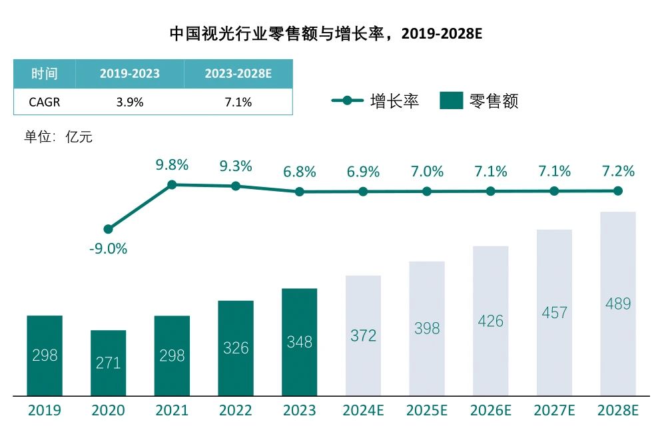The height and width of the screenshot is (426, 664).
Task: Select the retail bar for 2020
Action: pyautogui.click(x=108, y=363)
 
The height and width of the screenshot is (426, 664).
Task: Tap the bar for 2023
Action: pyautogui.click(x=299, y=341)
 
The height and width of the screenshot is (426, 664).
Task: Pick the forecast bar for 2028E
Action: pyautogui.click(x=618, y=303)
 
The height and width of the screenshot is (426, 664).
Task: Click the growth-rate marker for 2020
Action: pyautogui.click(x=108, y=229)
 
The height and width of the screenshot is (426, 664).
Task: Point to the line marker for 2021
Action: pyautogui.click(x=172, y=184)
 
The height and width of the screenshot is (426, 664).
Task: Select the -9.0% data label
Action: pyautogui.click(x=108, y=249)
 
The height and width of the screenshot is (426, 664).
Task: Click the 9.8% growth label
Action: pyautogui.click(x=172, y=165)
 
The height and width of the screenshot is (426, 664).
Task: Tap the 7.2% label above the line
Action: pyautogui.click(x=618, y=171)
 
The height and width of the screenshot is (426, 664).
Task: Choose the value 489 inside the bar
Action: pyautogui.click(x=618, y=304)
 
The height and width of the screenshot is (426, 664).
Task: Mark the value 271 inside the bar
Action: pyautogui.click(x=108, y=363)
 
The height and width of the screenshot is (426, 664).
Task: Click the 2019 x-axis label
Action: pyautogui.click(x=44, y=409)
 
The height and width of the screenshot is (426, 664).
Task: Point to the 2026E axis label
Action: pyautogui.click(x=490, y=409)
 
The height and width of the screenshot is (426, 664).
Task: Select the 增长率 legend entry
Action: pyautogui.click(x=376, y=101)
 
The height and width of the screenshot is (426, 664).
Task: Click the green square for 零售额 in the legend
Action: pyautogui.click(x=451, y=101)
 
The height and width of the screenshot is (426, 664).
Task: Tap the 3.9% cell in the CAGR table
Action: pyautogui.click(x=130, y=102)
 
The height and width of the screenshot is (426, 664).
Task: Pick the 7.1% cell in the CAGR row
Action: pyautogui.click(x=238, y=102)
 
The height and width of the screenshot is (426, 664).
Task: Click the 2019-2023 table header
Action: pyautogui.click(x=130, y=73)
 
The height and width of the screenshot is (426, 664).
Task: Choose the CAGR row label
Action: pyautogui.click(x=44, y=102)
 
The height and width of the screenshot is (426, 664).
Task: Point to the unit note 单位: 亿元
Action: pyautogui.click(x=58, y=138)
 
